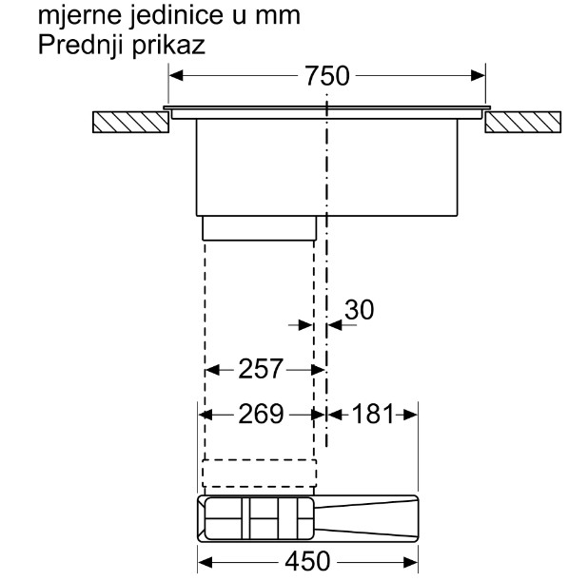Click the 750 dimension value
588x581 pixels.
point(327,76)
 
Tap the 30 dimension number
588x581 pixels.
point(360,310)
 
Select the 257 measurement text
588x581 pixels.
point(261,369)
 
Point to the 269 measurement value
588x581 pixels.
point(261,415)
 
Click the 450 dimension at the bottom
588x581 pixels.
point(307,562)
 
